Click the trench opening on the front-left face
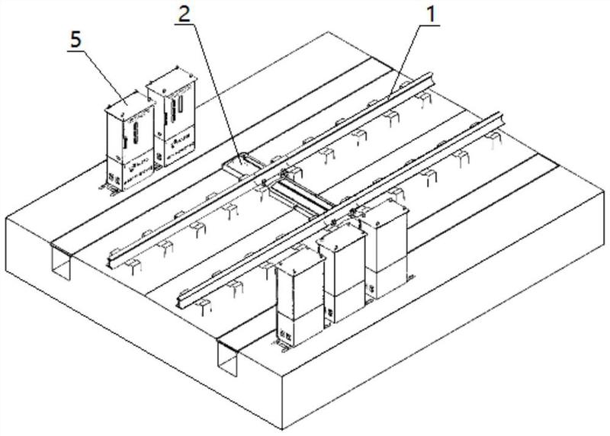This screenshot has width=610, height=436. click(x=60, y=262)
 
